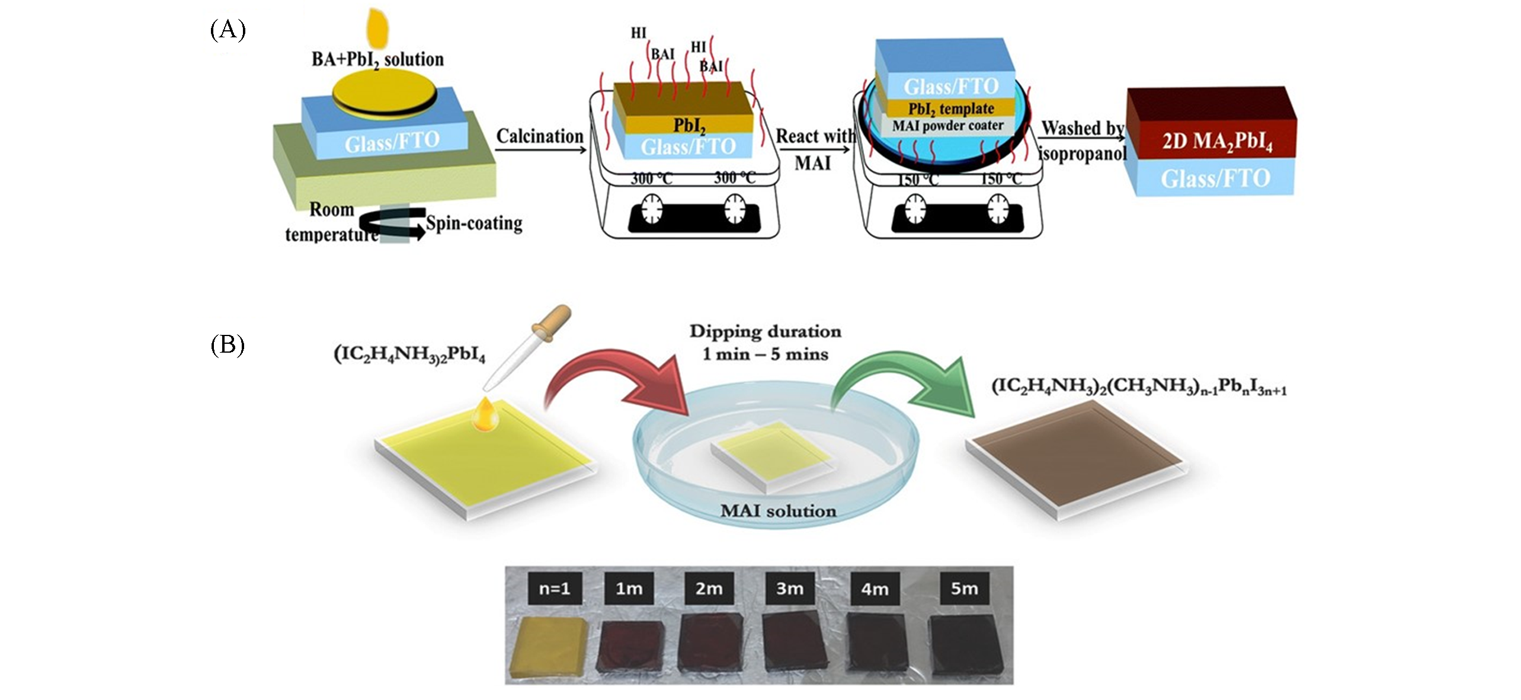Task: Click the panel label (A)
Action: pos(228,30)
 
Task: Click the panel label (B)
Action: pos(228,345)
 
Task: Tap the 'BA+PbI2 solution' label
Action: pos(377,60)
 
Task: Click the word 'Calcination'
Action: pos(540,136)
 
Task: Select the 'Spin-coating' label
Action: pos(474,223)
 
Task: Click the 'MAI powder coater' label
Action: pos(948,126)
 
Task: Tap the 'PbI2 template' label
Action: pos(951,108)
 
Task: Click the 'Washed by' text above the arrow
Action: pos(1082,128)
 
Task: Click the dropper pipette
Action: pos(527,350)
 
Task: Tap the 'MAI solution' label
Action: pos(778,511)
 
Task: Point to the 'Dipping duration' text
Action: pos(765,331)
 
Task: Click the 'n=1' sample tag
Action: pos(554,588)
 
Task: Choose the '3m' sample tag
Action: pos(790,588)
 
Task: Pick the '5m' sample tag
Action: pos(963,588)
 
